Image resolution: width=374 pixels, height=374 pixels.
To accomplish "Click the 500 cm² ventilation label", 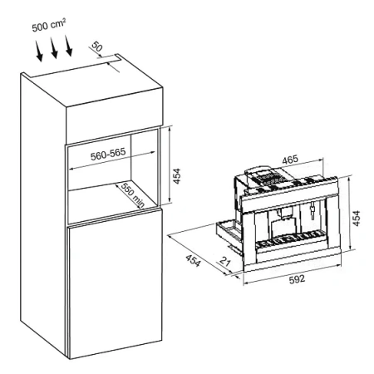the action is pos(49,25).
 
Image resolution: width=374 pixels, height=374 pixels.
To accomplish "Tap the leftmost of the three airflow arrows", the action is pos(39,51).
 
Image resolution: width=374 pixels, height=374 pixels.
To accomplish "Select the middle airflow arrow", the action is pos(54,48).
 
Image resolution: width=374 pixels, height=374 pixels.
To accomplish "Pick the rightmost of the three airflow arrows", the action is pos(68,46).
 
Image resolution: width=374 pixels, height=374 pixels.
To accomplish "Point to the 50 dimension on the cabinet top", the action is pos(97,47).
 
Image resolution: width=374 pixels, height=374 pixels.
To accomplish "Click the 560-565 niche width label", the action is pos(108,154).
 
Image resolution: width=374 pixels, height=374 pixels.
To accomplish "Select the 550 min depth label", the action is pos(133,195).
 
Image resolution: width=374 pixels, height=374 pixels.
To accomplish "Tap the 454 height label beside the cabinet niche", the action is pos(176,176).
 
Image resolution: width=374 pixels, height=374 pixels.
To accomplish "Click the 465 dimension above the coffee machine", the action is pos(290,160).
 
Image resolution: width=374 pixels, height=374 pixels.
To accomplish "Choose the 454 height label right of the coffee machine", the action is pos(357,219).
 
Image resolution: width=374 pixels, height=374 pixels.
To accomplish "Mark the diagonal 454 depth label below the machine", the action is pos(193,261).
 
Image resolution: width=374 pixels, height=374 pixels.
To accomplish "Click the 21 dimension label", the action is pos(225,261).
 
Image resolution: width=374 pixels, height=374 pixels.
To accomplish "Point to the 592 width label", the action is pos(297,279).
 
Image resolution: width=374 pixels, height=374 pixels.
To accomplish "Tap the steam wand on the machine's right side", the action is pos(312,209).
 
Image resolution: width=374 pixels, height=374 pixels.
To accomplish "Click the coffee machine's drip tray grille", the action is pos(290,239).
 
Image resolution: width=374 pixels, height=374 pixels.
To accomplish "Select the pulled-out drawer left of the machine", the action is pos(228,233).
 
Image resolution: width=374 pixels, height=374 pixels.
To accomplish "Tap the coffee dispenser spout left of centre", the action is pos(280,214).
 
